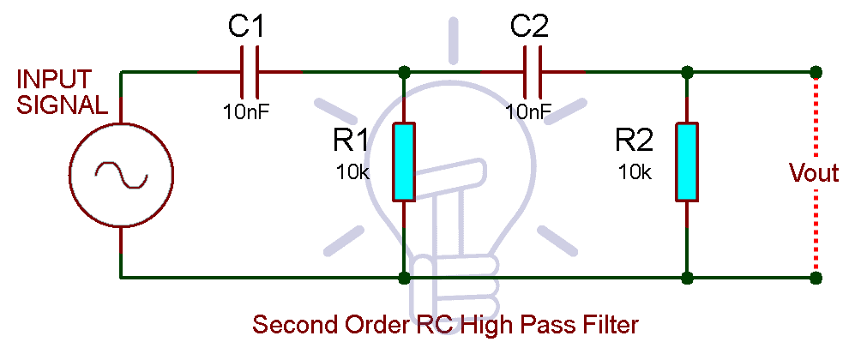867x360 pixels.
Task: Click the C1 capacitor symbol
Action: pos(250,72)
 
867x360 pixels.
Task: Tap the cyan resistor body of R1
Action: pos(403,161)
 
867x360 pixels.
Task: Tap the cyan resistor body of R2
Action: pos(686,161)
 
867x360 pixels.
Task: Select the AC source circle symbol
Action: pos(121,175)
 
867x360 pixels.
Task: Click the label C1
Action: pos(246,27)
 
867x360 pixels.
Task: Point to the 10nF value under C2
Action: pos(528,111)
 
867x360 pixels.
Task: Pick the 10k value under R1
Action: pos(352,171)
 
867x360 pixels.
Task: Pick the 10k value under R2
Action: pos(635,171)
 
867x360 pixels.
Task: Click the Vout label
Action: pos(813,173)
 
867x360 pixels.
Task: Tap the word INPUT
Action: pos(54,80)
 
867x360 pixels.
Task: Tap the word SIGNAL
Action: pos(63,105)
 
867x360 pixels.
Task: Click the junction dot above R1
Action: pos(403,72)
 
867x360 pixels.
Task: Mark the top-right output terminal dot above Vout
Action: pos(816,72)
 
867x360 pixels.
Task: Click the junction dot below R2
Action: pos(686,278)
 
